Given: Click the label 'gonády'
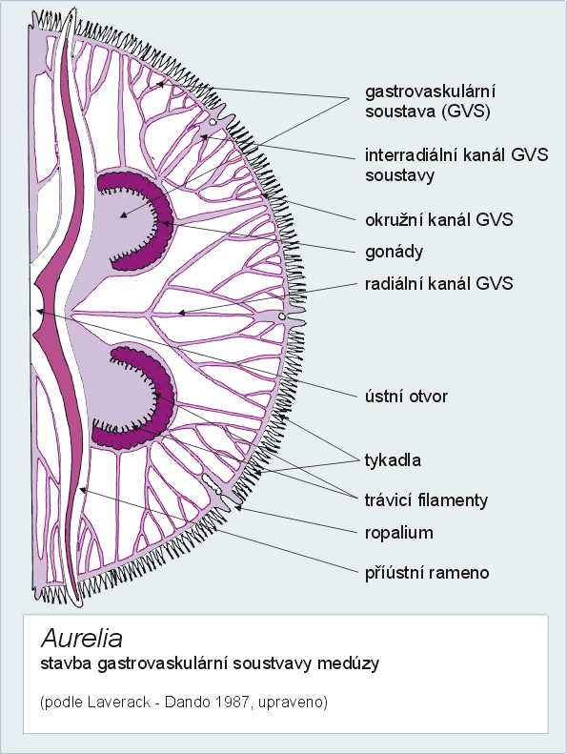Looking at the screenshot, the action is tap(394, 252).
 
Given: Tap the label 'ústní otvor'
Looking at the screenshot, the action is tap(406, 397).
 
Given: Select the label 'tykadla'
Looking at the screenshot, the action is tap(393, 460).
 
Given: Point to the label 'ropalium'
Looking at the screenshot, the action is tap(399, 533).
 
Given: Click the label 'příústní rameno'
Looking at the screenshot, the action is tap(427, 573).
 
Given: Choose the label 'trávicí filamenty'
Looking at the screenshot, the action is tap(427, 500).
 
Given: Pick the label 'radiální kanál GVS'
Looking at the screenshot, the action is tap(439, 283).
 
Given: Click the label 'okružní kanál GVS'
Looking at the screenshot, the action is tap(439, 220).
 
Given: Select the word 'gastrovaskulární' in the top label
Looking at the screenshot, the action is tap(431, 92).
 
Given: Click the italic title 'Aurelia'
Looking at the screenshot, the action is tap(82, 639).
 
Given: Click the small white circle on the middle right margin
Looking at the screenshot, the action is tap(282, 316).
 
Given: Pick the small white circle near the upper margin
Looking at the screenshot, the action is tap(213, 122).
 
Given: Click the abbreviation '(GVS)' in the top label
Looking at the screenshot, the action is tap(465, 112).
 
